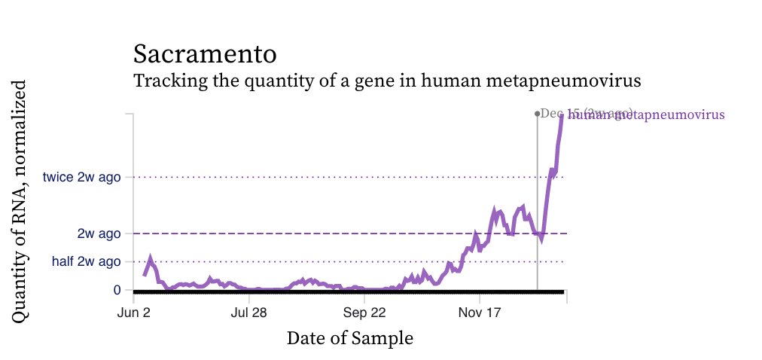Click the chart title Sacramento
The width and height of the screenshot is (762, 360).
click(x=205, y=54)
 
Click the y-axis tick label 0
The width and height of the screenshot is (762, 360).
click(x=117, y=290)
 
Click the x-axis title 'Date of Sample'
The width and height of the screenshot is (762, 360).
click(x=349, y=338)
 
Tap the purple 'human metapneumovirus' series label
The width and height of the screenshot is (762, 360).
click(x=646, y=115)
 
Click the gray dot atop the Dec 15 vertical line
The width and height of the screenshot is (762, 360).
click(x=537, y=114)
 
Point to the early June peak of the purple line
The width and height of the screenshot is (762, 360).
click(x=151, y=258)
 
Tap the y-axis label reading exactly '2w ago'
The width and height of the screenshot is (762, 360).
click(x=99, y=233)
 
